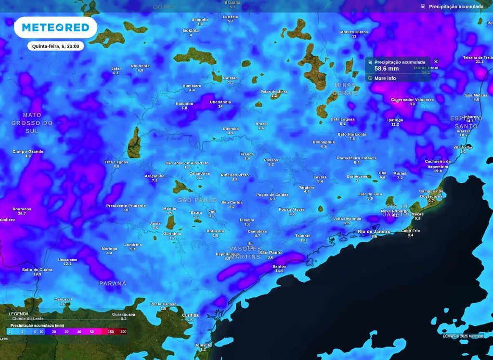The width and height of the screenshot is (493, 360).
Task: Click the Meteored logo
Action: [x=55, y=27]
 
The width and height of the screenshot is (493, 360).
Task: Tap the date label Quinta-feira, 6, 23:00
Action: [x=56, y=46]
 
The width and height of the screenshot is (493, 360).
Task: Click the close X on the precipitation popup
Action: [x=436, y=62]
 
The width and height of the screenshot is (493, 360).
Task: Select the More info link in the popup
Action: [x=385, y=78]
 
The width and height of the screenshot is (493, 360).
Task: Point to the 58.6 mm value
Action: [x=386, y=69]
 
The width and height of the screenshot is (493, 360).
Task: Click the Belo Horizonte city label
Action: [x=352, y=134]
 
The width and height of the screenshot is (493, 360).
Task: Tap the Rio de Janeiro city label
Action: [x=374, y=231]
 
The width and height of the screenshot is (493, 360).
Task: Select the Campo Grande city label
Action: [x=28, y=152]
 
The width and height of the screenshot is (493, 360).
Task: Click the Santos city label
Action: [x=279, y=266]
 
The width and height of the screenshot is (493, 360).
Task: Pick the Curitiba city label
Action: [x=190, y=315]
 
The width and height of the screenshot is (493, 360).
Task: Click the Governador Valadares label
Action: [x=412, y=100]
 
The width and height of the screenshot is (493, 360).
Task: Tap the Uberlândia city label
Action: [x=220, y=102]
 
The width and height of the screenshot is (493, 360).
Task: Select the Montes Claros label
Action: [x=354, y=32]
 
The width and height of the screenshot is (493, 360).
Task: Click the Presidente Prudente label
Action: [x=126, y=206]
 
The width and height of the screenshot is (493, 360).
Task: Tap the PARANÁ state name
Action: [x=113, y=283]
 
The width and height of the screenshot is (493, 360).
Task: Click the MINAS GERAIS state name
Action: [x=345, y=89]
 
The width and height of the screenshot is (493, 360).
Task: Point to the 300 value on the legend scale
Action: [x=123, y=332]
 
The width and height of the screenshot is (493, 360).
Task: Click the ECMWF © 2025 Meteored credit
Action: [x=463, y=336]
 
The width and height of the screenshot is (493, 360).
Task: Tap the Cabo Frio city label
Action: [x=410, y=231]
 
